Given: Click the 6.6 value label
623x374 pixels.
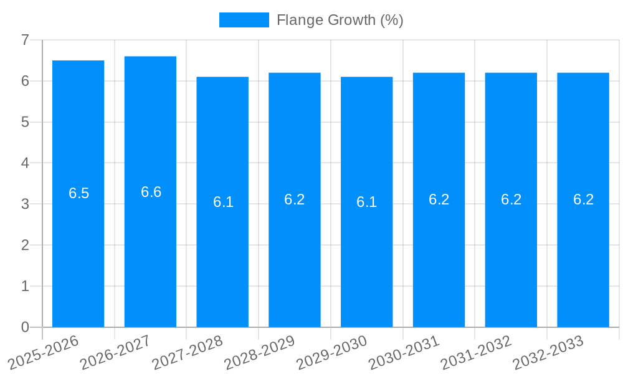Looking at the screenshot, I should [151, 192].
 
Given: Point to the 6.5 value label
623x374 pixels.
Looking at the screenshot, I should [79, 193].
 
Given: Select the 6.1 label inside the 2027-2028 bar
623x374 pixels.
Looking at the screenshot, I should [223, 202].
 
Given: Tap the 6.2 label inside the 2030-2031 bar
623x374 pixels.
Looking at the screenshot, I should [439, 199].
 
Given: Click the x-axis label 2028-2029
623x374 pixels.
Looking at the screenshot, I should [259, 352].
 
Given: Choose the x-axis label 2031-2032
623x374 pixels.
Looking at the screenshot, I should [476, 352].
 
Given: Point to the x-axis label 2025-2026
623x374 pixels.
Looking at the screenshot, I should [43, 352].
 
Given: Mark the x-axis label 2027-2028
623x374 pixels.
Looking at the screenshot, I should [187, 352].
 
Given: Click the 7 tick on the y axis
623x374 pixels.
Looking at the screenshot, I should [26, 40].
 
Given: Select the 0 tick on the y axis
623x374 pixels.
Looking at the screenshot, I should [26, 327].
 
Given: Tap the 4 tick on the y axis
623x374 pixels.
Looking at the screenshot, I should [26, 163].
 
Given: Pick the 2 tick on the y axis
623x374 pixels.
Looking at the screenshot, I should [26, 245].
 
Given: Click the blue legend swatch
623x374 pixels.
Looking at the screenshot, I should [244, 20].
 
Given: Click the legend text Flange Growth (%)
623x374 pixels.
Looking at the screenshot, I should [340, 20].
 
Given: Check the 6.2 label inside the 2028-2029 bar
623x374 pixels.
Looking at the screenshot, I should [294, 199].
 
